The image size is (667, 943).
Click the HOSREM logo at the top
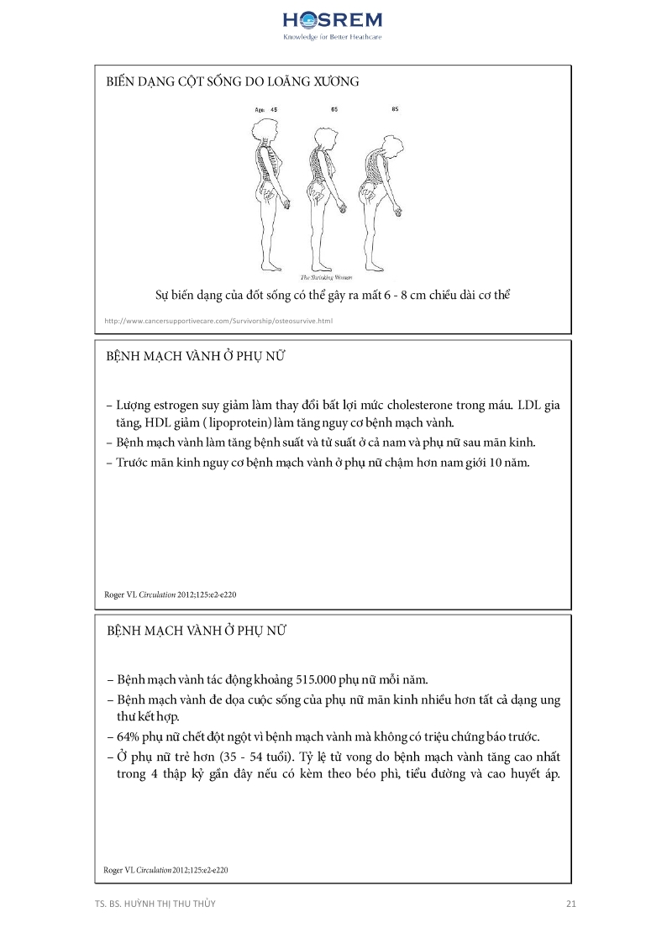pyautogui.click(x=333, y=20)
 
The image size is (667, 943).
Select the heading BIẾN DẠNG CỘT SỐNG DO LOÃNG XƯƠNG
pyautogui.click(x=233, y=82)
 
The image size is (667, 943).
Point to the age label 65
pyautogui.click(x=334, y=110)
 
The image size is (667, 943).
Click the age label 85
pyautogui.click(x=395, y=110)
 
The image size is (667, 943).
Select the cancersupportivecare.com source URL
pyautogui.click(x=218, y=321)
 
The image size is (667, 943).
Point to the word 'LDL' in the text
pyautogui.click(x=530, y=405)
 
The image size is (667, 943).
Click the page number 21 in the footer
pyautogui.click(x=570, y=904)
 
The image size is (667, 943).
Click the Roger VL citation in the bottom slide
pyautogui.click(x=165, y=870)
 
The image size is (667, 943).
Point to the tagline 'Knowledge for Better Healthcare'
pyautogui.click(x=333, y=38)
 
